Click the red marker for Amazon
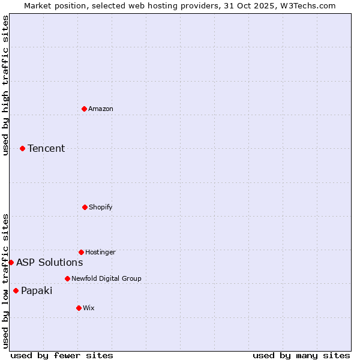(x=84, y=109)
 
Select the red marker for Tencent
(x=22, y=148)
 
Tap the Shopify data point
(x=85, y=207)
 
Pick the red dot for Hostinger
(x=81, y=252)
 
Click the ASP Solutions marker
(x=11, y=262)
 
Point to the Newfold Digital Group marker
(x=67, y=278)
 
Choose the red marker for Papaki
(x=16, y=290)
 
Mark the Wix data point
(x=79, y=308)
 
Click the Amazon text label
(x=101, y=109)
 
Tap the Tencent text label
(x=46, y=148)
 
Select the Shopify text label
(x=101, y=207)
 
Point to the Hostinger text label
(x=100, y=252)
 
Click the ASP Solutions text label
(x=49, y=262)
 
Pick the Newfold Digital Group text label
(x=106, y=278)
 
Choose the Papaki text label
(x=37, y=290)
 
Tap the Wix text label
(x=89, y=308)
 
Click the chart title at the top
(x=179, y=5)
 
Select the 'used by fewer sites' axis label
(x=62, y=355)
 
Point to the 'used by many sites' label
(x=301, y=355)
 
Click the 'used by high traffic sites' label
(x=5, y=85)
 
